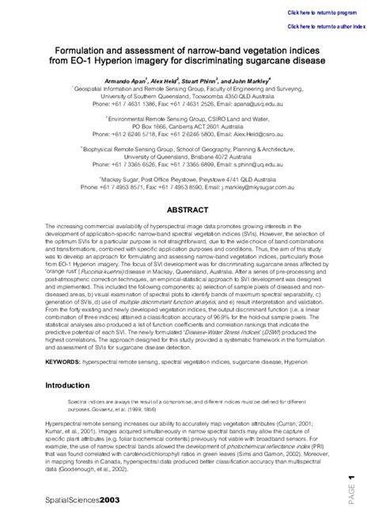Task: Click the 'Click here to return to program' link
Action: coord(322,13)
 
